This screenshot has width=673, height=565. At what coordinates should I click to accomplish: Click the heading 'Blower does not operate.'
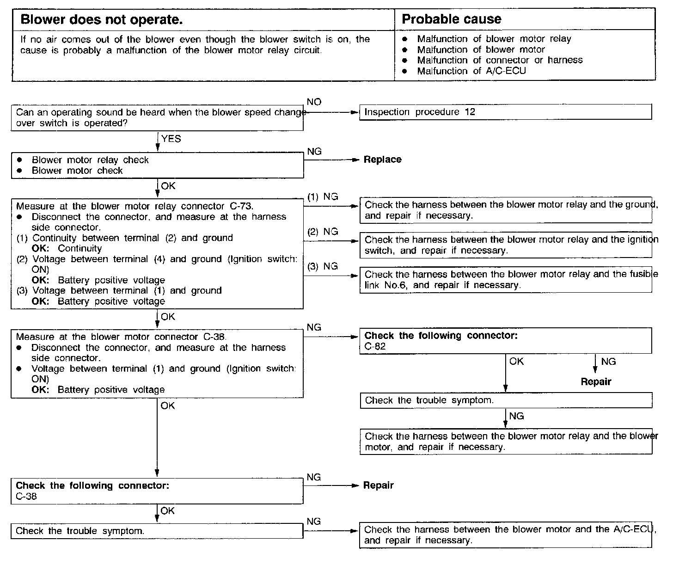(102, 20)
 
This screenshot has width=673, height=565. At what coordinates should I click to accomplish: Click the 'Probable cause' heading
(451, 19)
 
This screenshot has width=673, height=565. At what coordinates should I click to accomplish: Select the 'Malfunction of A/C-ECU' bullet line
(471, 71)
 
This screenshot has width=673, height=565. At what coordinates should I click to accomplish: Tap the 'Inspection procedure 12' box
(505, 112)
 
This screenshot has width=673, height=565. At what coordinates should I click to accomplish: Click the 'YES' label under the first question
(171, 139)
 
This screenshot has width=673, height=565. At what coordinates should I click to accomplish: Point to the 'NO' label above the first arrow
(314, 102)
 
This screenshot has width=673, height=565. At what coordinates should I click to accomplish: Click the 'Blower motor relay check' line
(90, 160)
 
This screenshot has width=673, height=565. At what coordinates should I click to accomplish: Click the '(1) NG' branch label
(323, 197)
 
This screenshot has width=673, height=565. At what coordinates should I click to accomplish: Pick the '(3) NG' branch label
(323, 266)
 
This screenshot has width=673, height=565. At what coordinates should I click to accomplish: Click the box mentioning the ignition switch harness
(505, 245)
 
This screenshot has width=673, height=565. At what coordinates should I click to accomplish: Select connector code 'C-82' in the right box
(375, 347)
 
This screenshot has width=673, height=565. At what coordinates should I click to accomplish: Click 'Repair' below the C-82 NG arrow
(596, 382)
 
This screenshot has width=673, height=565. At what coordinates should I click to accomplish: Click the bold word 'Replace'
(382, 160)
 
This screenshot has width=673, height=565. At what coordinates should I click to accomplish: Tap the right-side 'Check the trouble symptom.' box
(505, 401)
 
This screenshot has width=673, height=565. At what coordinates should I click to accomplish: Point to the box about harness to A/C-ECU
(505, 535)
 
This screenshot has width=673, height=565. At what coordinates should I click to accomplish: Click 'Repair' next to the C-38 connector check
(378, 485)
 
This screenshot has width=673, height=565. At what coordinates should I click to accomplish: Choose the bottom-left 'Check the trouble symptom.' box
(157, 531)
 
